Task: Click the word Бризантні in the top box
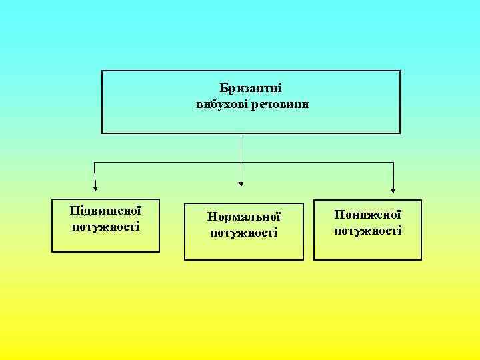tap(250, 88)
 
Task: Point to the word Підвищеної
tap(105, 211)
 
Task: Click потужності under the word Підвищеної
tap(105, 227)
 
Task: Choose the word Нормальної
tap(244, 217)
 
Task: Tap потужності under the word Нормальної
tap(244, 233)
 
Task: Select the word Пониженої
tap(368, 215)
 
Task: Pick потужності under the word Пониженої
tap(368, 231)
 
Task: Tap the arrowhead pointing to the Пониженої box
tap(393, 190)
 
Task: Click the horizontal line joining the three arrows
tap(167, 162)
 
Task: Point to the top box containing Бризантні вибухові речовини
tap(251, 120)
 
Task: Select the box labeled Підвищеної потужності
tap(105, 241)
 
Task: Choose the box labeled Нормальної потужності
tap(244, 249)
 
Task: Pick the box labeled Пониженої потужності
tap(368, 248)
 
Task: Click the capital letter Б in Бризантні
tap(223, 88)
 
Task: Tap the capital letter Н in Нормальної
tap(211, 217)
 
